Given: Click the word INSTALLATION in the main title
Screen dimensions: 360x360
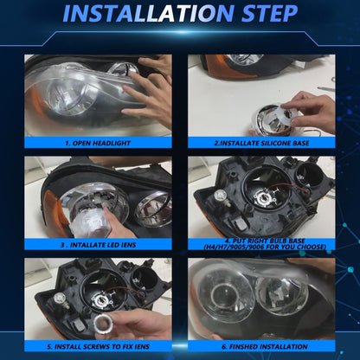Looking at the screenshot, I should pyautogui.click(x=144, y=15).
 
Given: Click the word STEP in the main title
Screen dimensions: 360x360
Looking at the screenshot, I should pyautogui.click(x=268, y=15).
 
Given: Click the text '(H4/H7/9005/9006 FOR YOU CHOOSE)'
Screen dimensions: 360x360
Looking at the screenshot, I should pyautogui.click(x=262, y=249).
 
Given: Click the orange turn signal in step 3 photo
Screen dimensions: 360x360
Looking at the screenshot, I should pyautogui.click(x=38, y=208).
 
